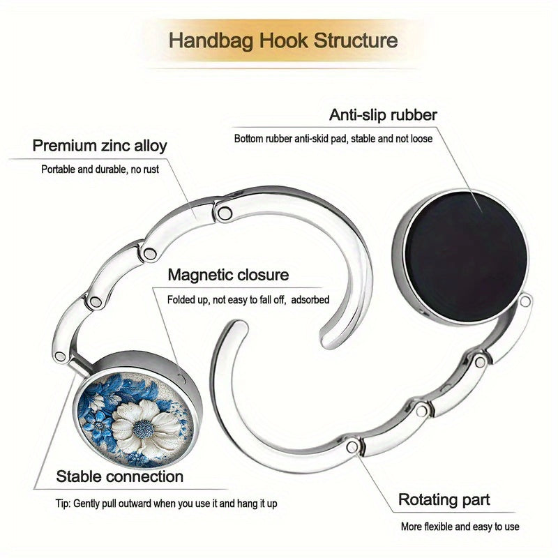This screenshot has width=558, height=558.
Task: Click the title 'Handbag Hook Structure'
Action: click(283, 40)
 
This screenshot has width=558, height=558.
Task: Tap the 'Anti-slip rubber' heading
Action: click(383, 115)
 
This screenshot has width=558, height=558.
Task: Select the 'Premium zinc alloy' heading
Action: click(100, 146)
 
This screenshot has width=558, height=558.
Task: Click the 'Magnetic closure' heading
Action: click(228, 275)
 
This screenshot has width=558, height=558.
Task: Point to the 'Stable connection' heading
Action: click(119, 476)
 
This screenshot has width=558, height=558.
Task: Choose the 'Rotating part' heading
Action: click(444, 499)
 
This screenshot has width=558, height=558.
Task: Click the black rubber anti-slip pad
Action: click(465, 256)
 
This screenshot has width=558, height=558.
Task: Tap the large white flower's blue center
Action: click(144, 429)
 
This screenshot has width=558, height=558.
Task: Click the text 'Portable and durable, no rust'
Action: click(100, 169)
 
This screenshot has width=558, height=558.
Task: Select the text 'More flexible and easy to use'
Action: click(460, 527)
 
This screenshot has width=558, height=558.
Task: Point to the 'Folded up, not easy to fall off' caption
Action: click(226, 300)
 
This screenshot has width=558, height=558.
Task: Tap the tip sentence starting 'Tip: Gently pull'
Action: click(166, 504)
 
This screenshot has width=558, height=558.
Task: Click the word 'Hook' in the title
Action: click(283, 40)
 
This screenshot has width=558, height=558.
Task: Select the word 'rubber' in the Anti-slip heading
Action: click(414, 115)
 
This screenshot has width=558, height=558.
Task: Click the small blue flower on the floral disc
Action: click(98, 425)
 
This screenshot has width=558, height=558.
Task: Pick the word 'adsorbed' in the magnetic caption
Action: click(310, 300)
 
